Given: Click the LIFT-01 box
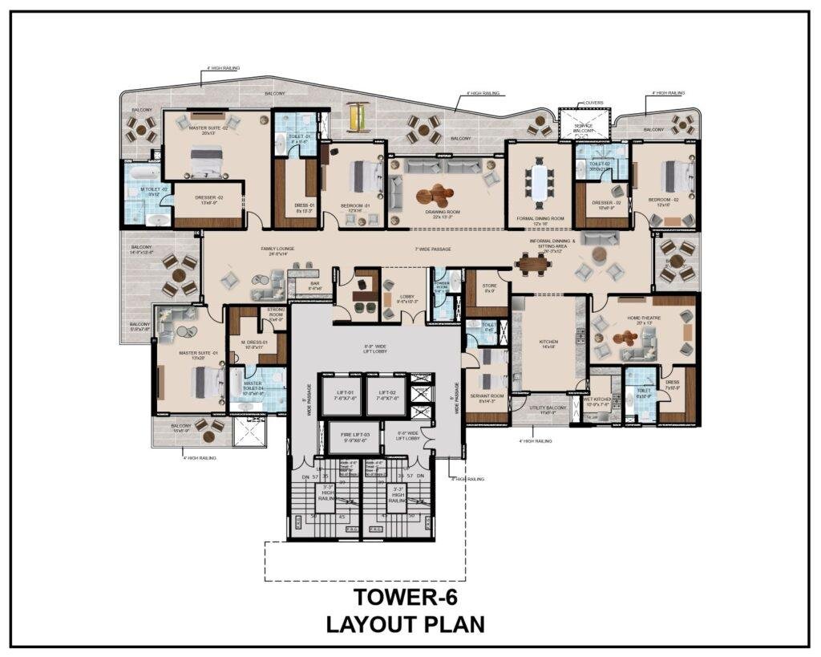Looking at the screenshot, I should pos(342,395).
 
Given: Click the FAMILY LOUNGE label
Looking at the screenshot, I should pos(279,250).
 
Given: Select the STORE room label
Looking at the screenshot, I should pos(489,287).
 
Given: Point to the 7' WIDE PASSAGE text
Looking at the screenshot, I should pos(432,249).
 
